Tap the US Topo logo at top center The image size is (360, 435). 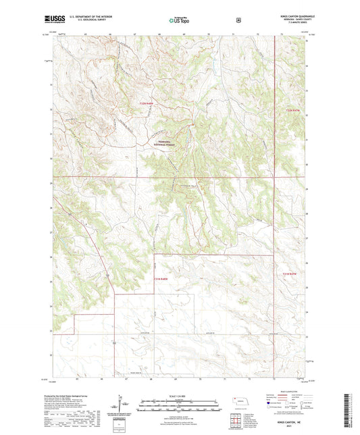[x=179, y=20]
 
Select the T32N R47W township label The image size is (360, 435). [x=292, y=109]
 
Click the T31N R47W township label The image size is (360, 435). [x=290, y=273]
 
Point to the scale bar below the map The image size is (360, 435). [x=178, y=407]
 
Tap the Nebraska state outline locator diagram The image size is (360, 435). [x=240, y=404]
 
